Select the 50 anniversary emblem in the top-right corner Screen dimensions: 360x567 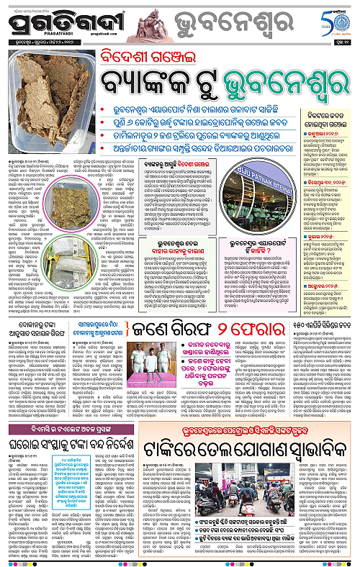[334, 19]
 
